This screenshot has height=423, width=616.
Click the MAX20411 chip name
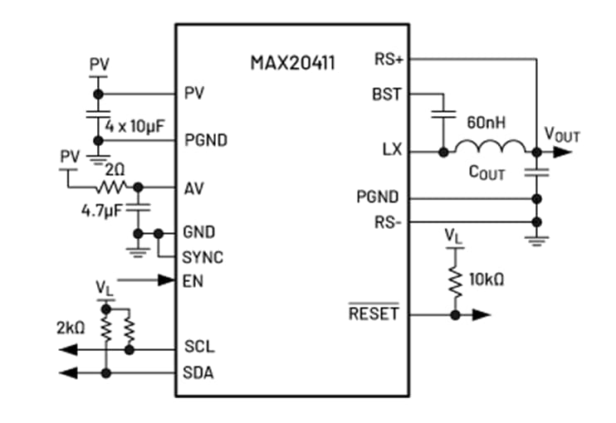point(293,63)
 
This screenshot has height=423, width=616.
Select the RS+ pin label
point(389,60)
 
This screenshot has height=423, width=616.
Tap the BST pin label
point(387,95)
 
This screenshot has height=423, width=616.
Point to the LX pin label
point(392,151)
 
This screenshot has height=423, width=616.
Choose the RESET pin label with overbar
point(374,314)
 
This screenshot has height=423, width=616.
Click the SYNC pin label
point(203,257)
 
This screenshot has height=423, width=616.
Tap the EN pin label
point(193,281)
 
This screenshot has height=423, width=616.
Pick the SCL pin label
point(198,347)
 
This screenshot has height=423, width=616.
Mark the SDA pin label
point(198,372)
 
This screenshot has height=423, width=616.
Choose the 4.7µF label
point(102,210)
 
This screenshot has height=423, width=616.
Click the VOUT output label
point(562,134)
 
